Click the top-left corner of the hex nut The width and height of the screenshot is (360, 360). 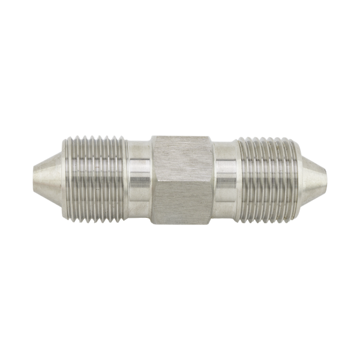(151, 137)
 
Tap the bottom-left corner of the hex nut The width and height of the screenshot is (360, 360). (151, 224)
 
